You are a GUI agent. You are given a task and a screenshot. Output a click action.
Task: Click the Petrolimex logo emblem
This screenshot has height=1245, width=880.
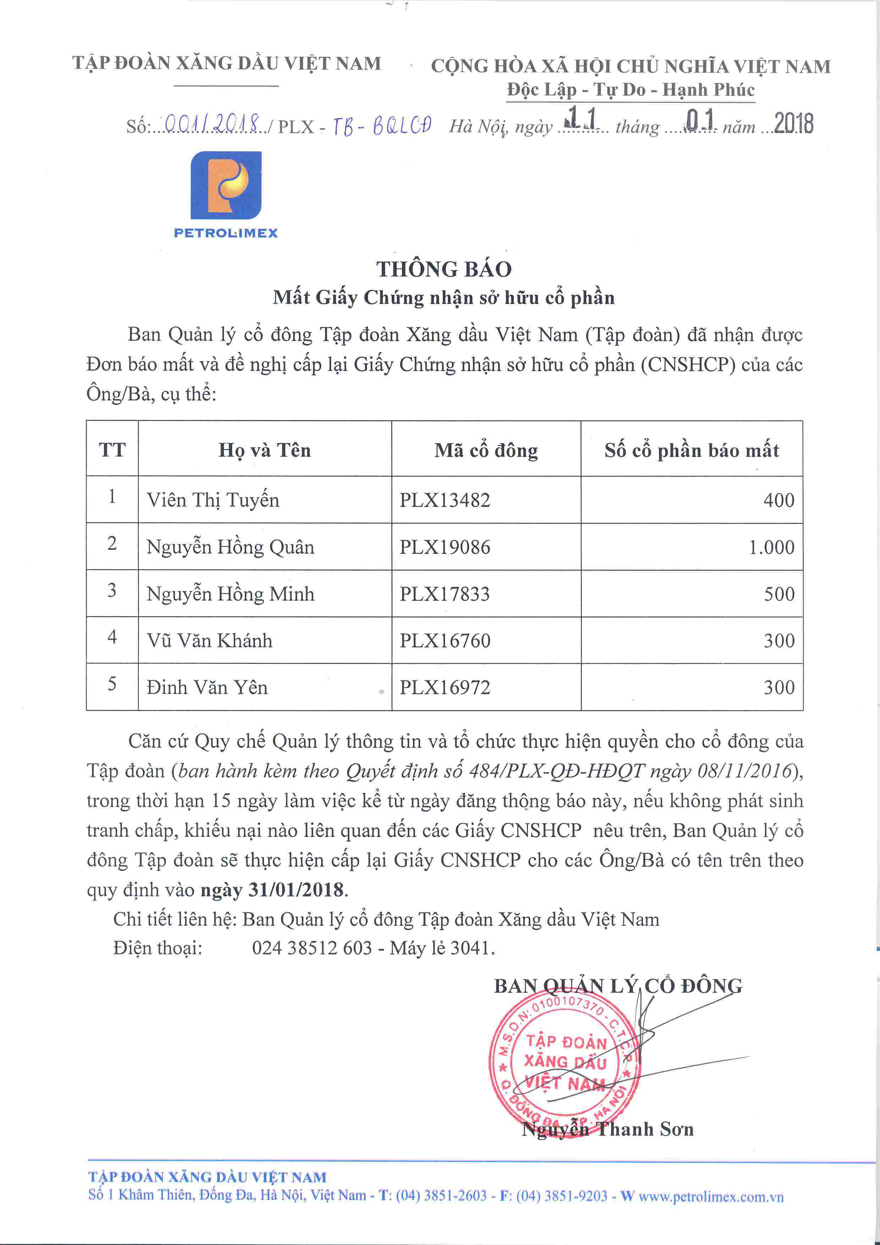click(226, 186)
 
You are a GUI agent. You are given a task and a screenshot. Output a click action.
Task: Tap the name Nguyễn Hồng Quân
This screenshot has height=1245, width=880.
click(230, 547)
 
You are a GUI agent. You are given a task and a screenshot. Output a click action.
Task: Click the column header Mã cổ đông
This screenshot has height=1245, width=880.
click(486, 450)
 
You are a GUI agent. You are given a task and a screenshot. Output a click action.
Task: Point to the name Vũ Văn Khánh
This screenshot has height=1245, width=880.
click(209, 640)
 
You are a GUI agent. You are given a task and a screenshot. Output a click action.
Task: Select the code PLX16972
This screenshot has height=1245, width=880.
click(445, 687)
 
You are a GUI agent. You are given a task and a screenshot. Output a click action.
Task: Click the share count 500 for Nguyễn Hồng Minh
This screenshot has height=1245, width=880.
click(779, 594)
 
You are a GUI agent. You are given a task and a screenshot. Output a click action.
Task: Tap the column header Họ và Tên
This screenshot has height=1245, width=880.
click(265, 450)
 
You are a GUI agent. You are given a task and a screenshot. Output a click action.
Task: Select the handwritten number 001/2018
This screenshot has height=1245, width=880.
click(211, 125)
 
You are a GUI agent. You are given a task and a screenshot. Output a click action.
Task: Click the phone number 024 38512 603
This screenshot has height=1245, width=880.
click(312, 948)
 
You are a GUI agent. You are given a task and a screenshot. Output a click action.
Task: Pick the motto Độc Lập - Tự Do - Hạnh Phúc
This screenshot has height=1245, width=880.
click(631, 89)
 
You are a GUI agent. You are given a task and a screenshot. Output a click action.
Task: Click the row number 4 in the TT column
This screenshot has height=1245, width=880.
click(112, 637)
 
